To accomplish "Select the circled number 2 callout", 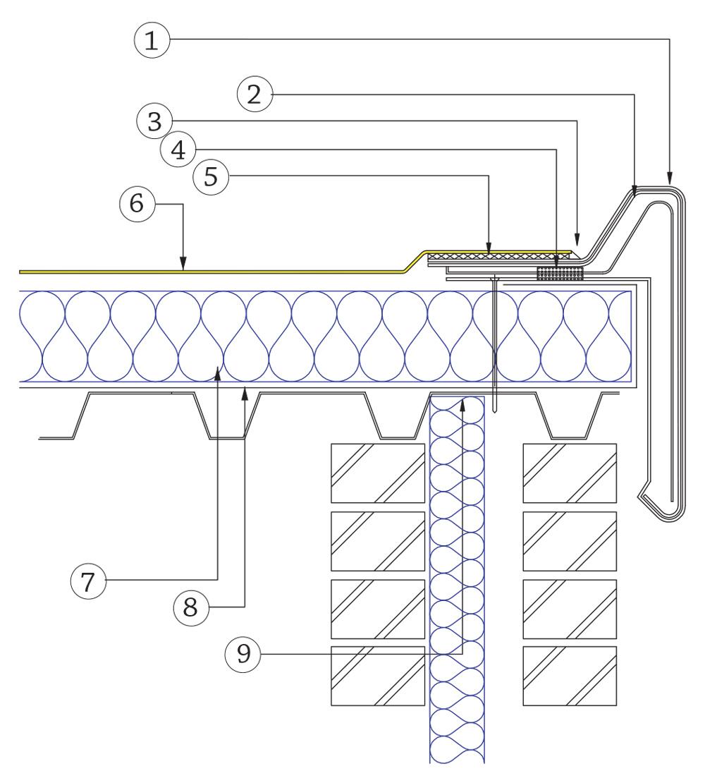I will point(255,95).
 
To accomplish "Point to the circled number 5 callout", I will point(211,176).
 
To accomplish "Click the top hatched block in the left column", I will point(378,473).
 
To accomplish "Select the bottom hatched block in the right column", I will point(570,675).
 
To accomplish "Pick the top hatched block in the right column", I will point(570,473).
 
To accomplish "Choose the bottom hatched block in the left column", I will point(378,675).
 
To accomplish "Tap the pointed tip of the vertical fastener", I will point(496,413).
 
